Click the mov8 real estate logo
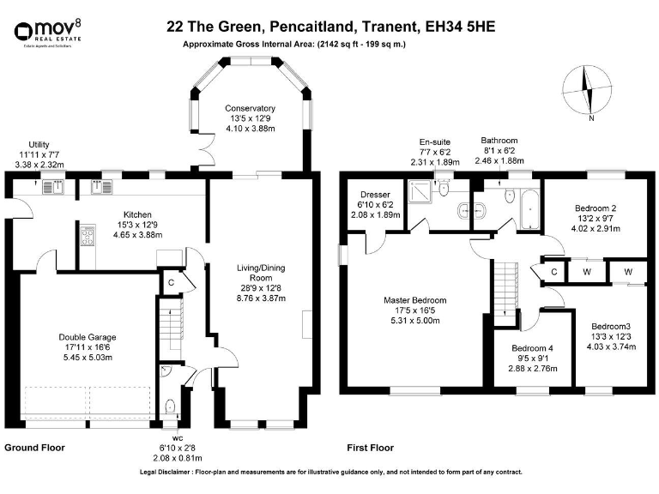pyautogui.click(x=44, y=33)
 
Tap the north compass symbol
pyautogui.click(x=588, y=90)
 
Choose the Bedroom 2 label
pyautogui.click(x=596, y=208)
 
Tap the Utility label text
pyautogui.click(x=39, y=145)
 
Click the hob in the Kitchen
pyautogui.click(x=88, y=237)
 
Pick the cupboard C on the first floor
pyautogui.click(x=554, y=273)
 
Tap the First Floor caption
pyautogui.click(x=370, y=448)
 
